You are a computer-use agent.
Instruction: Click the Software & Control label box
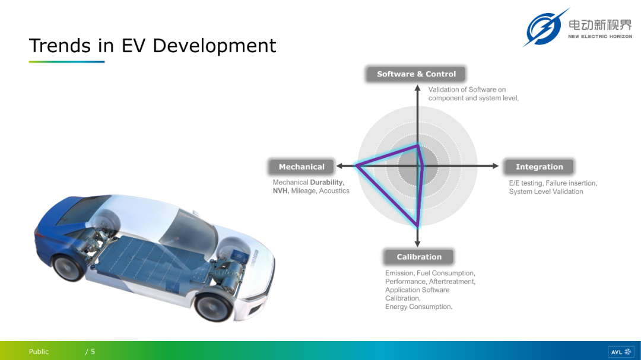tap(415, 74)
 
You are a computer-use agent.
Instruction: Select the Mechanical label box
tap(302, 167)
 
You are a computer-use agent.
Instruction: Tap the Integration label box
tap(539, 167)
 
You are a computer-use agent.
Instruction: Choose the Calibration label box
tap(419, 257)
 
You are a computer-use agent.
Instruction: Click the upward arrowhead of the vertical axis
tap(417, 88)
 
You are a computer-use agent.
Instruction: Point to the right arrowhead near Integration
tap(496, 166)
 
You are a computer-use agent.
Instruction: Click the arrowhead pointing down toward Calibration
tap(417, 244)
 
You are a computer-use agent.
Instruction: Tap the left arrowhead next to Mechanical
tap(339, 166)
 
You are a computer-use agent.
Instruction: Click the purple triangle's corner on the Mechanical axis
tap(357, 165)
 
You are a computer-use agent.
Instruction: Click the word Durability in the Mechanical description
tap(327, 182)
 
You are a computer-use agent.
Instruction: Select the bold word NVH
tap(281, 191)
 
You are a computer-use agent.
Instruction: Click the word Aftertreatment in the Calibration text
tap(452, 282)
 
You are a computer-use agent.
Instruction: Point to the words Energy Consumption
tap(418, 307)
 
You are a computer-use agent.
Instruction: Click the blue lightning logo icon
tap(544, 28)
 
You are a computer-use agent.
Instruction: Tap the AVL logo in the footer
tap(621, 352)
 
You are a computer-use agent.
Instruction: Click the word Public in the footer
tap(39, 352)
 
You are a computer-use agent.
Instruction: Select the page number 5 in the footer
tap(93, 352)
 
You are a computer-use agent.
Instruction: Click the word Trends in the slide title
tap(60, 45)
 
